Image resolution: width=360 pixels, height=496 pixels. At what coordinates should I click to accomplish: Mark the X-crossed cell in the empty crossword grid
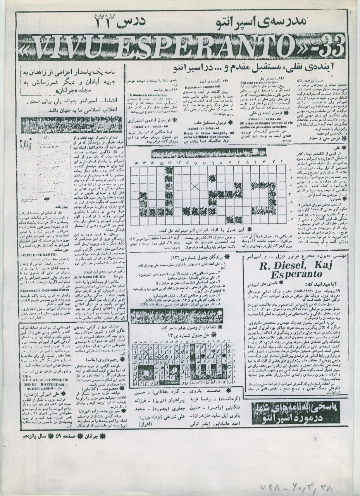pos(195,186)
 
